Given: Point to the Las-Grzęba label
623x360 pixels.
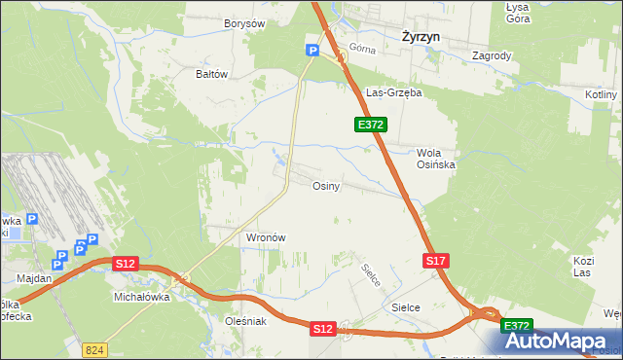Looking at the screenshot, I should tap(393, 93).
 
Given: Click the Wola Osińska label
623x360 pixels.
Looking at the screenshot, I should tap(435, 159).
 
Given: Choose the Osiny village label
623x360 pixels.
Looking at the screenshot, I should tap(325, 186).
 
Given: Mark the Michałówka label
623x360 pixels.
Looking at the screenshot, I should tap(142, 297).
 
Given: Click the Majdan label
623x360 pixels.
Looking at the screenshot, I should tap(34, 278).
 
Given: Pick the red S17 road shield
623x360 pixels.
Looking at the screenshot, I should tap(436, 261).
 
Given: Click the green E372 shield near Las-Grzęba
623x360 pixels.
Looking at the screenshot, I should tap(371, 125).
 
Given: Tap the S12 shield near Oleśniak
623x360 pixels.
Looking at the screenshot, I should tap(324, 330).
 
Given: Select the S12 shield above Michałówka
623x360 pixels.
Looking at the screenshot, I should tap(125, 264).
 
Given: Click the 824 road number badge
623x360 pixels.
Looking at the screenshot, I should tap(94, 348).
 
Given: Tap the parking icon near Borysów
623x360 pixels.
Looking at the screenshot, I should tap(312, 51).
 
